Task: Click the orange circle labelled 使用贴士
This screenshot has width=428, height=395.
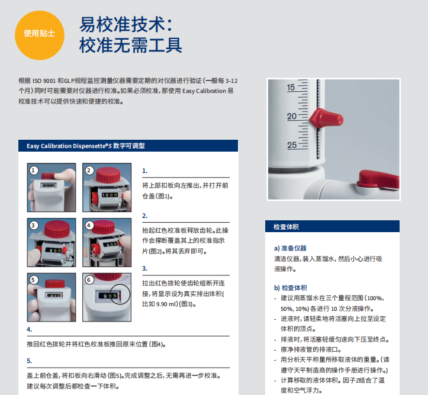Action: (x=40, y=35)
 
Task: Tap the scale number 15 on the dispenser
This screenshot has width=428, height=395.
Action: (x=291, y=87)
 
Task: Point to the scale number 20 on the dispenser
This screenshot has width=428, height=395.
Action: (x=291, y=116)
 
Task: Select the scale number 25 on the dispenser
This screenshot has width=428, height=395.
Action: (x=292, y=145)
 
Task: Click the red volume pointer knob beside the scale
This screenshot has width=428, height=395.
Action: (x=326, y=118)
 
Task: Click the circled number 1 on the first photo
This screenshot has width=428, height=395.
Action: (x=34, y=171)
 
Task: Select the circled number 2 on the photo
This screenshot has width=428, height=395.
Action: (x=89, y=171)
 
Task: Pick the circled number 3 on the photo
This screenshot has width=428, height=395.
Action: (x=34, y=226)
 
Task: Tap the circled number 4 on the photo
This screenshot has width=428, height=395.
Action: (x=89, y=226)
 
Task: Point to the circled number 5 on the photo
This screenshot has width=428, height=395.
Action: (x=34, y=280)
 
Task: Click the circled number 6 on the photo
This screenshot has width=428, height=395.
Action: (x=89, y=280)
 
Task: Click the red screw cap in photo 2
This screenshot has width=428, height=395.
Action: (x=108, y=175)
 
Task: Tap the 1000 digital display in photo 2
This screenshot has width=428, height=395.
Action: (x=110, y=195)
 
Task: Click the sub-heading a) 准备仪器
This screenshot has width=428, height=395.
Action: (x=290, y=248)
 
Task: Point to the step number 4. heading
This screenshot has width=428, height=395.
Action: (x=30, y=329)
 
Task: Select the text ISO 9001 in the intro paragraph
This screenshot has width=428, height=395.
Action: (x=44, y=81)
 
